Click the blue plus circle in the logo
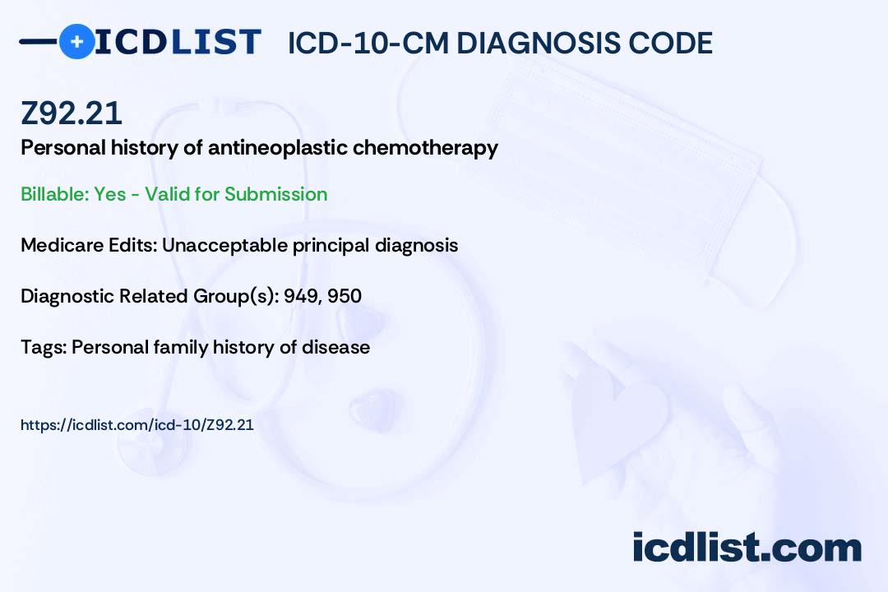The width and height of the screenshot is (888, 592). click(x=76, y=41)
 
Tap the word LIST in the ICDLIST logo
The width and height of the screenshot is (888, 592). click(x=215, y=42)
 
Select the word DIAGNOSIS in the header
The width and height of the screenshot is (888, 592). click(x=531, y=43)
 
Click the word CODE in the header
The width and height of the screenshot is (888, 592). click(x=663, y=43)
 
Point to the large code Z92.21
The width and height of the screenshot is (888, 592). click(x=72, y=113)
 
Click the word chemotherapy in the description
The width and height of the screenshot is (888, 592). click(x=425, y=148)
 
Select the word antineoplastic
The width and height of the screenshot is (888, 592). click(x=278, y=148)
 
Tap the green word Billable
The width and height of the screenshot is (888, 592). click(x=55, y=194)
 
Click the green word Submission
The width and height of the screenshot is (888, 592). click(x=275, y=194)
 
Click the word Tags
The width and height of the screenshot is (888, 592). click(x=44, y=347)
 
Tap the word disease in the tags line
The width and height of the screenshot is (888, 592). click(x=335, y=347)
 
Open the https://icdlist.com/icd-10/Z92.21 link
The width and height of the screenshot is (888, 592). click(x=137, y=425)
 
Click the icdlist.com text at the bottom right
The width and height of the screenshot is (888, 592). click(x=747, y=547)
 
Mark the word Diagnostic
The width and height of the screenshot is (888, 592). click(x=67, y=296)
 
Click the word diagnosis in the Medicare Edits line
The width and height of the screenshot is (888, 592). click(x=416, y=245)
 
